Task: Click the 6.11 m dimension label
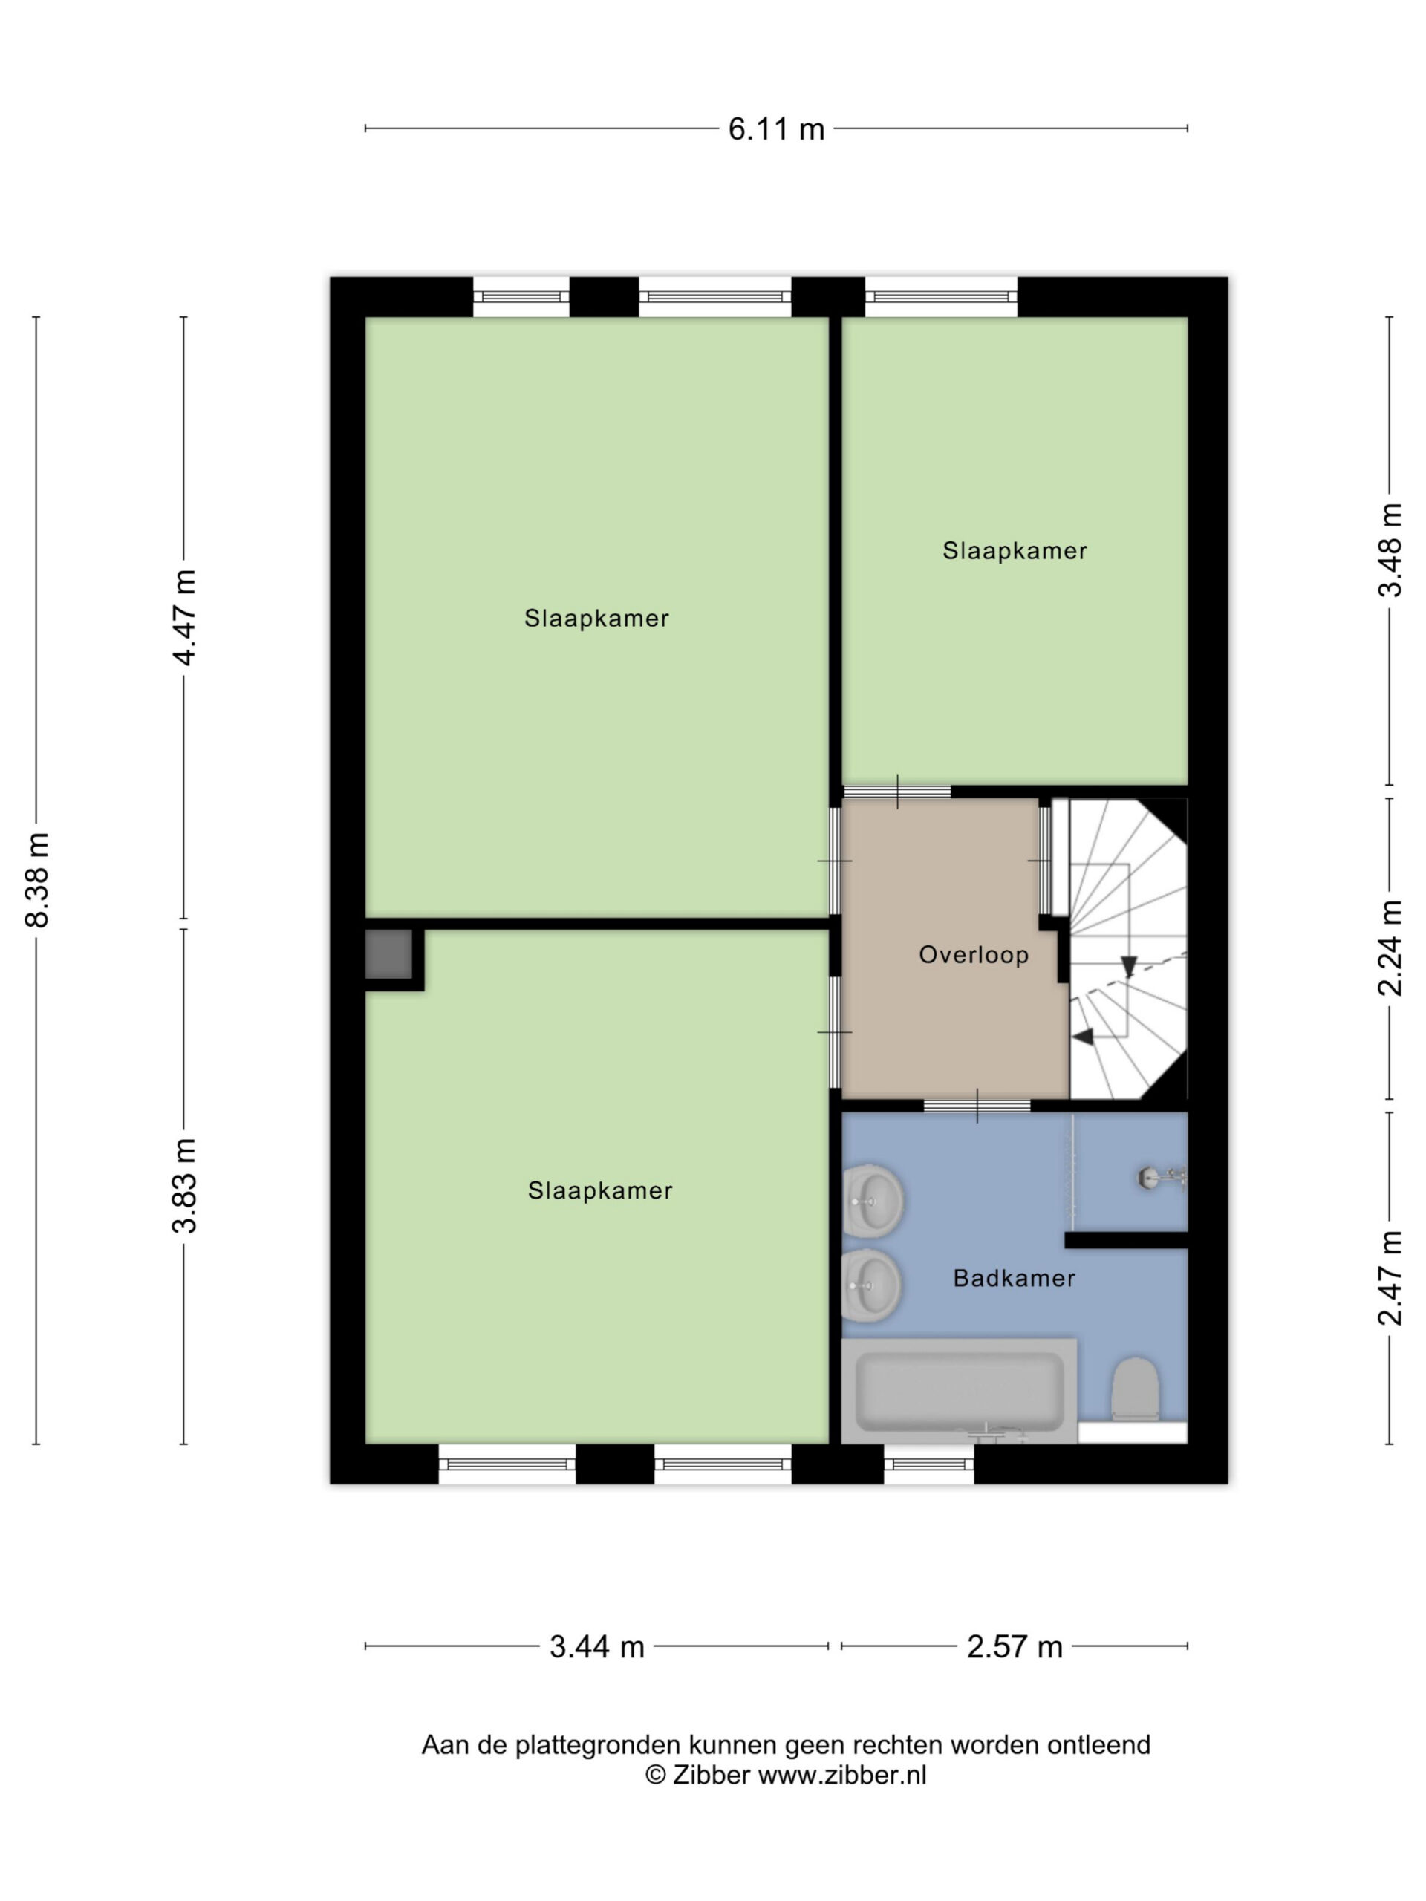tap(776, 129)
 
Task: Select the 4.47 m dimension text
tap(185, 617)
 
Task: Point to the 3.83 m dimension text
tap(185, 1185)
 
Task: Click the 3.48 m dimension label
tap(1390, 550)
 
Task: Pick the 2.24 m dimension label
tap(1390, 948)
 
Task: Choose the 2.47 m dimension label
tap(1390, 1279)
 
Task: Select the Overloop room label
tap(974, 955)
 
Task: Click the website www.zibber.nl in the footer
tap(841, 1776)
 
